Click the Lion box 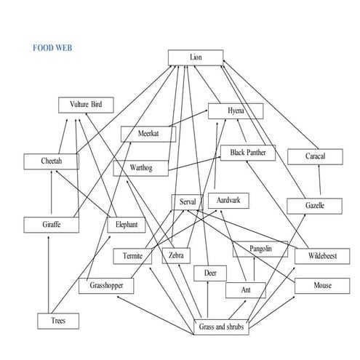pyautogui.click(x=195, y=57)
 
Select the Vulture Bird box pyautogui.click(x=86, y=105)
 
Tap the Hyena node pyautogui.click(x=236, y=111)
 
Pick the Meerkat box pyautogui.click(x=148, y=134)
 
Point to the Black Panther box pyautogui.click(x=248, y=153)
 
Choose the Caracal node pyautogui.click(x=315, y=156)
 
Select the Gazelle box pyautogui.click(x=314, y=206)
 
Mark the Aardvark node pyautogui.click(x=223, y=199)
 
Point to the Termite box pyautogui.click(x=132, y=256)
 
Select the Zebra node pyautogui.click(x=175, y=256)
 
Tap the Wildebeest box pyautogui.click(x=319, y=256)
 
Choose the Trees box pyautogui.click(x=57, y=320)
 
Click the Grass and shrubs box pyautogui.click(x=223, y=327)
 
